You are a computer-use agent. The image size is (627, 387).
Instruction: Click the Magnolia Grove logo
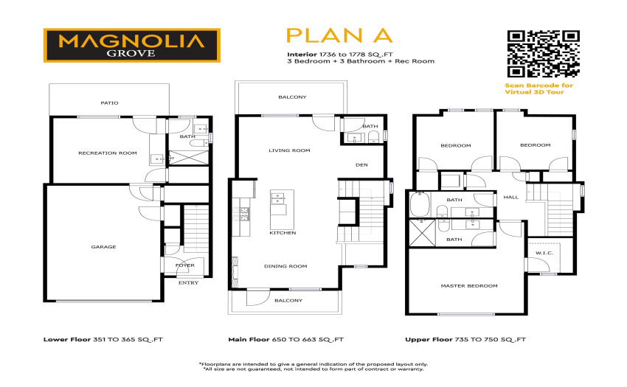click(x=132, y=45)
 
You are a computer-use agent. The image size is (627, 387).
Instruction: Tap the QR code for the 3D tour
click(x=544, y=54)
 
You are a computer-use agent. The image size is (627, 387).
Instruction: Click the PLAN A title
click(x=339, y=35)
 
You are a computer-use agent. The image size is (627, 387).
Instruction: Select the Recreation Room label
click(x=108, y=153)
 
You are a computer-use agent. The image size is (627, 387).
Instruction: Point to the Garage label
click(x=103, y=247)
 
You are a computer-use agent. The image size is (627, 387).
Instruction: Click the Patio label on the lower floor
click(x=110, y=103)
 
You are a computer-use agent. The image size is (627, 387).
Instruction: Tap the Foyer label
click(x=184, y=265)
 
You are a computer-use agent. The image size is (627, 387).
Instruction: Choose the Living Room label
click(x=289, y=150)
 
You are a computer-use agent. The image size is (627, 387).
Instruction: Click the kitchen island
click(x=283, y=209)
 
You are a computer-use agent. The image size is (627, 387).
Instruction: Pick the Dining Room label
click(x=285, y=266)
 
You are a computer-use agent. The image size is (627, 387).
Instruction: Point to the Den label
click(x=362, y=164)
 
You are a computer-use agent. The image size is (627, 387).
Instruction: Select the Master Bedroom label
click(x=469, y=286)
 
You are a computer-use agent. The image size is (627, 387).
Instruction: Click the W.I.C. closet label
click(x=544, y=253)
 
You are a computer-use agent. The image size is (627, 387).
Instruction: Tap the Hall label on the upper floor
click(x=511, y=197)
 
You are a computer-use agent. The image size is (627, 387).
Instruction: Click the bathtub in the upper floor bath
click(x=420, y=204)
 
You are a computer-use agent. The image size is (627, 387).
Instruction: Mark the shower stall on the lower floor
click(x=189, y=158)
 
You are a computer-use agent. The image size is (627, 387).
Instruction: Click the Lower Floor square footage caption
click(x=103, y=339)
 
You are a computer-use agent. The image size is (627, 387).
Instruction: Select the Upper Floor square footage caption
click(x=465, y=339)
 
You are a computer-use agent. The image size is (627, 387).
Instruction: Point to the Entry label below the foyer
click(x=188, y=282)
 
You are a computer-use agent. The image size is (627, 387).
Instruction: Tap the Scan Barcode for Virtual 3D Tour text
click(x=538, y=88)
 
